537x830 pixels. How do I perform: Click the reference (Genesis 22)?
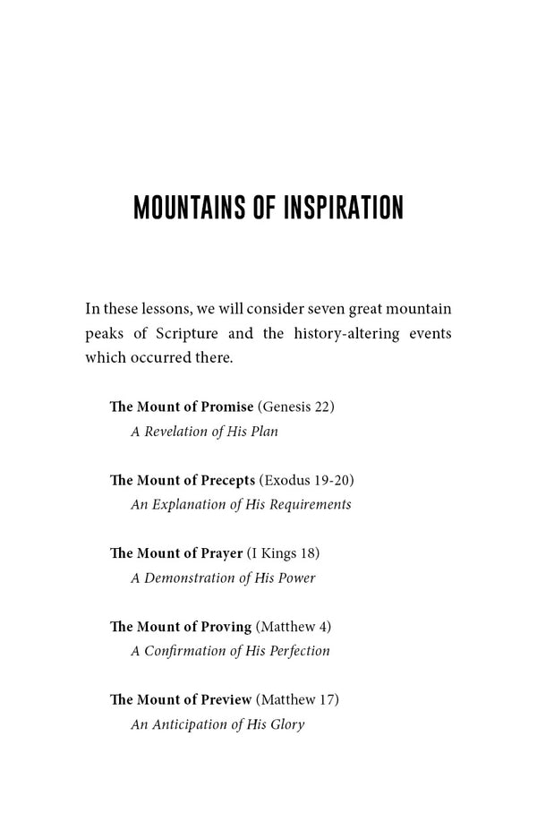click(295, 406)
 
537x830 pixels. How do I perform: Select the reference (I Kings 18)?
click(283, 553)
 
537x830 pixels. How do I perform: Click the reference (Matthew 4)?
click(293, 627)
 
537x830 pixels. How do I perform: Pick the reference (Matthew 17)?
click(297, 699)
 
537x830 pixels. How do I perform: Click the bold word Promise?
click(227, 406)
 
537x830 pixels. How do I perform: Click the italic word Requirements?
click(307, 504)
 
